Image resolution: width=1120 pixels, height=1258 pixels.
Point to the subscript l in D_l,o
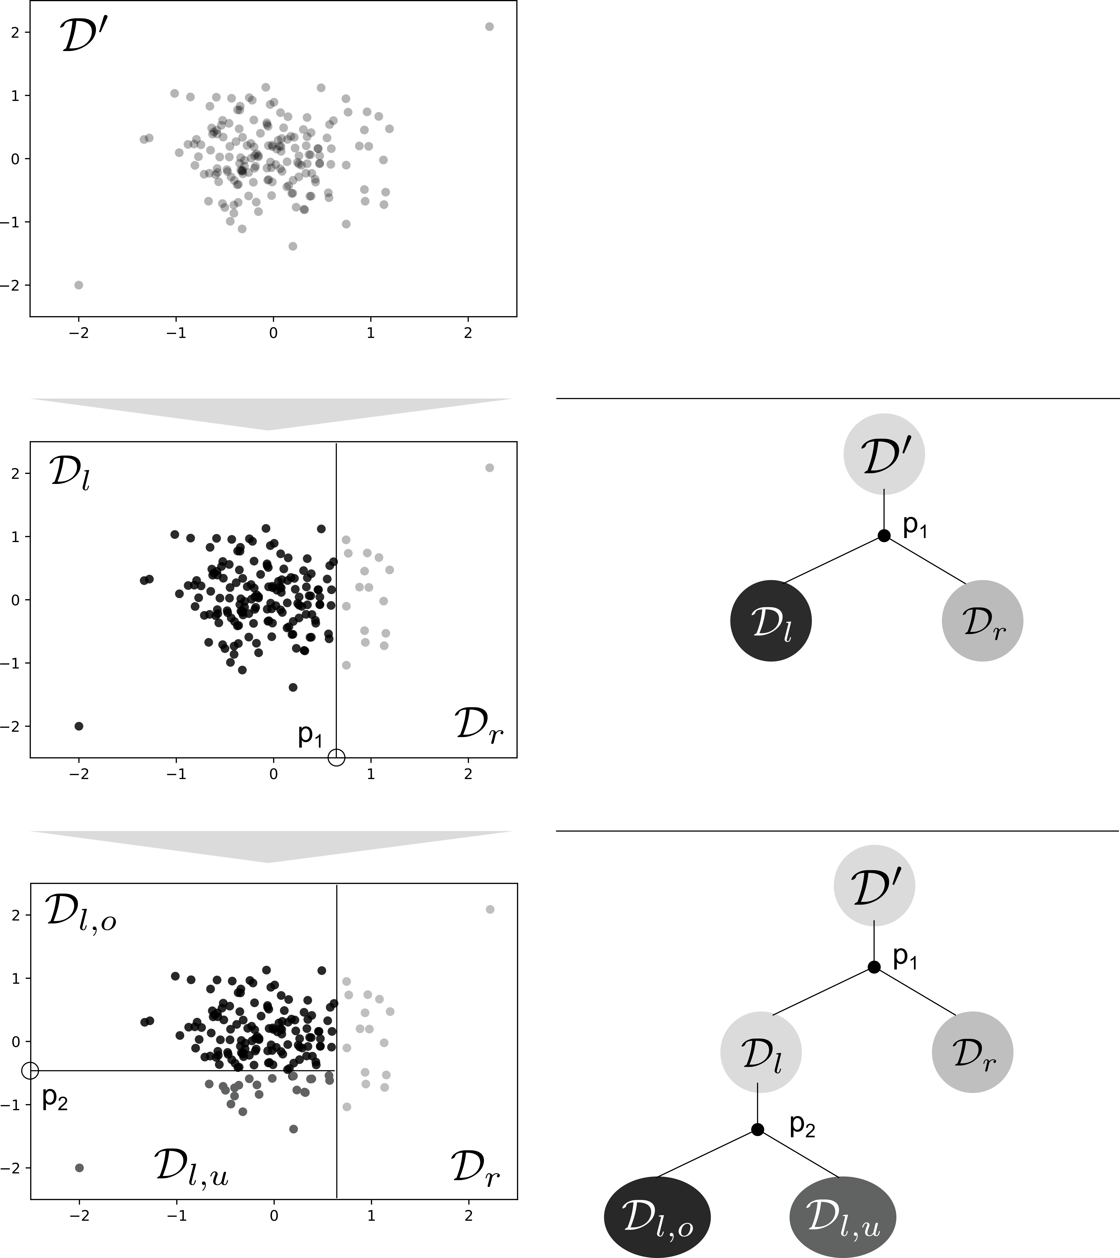pos(660,1225)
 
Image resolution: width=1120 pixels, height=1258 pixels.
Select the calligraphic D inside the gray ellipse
pos(823,1214)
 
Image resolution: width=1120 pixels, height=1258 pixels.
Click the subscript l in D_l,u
pos(845,1225)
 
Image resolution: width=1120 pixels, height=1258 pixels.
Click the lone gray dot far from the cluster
pos(79,1168)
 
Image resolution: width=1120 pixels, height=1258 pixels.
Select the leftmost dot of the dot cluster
pos(209,1084)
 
